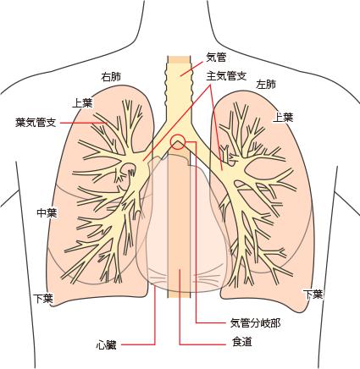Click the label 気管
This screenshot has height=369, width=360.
(x=216, y=58)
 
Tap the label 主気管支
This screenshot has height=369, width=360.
(x=227, y=76)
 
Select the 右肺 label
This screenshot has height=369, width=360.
(x=111, y=77)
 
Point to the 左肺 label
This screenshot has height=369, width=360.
(x=266, y=84)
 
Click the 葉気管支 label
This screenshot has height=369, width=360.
(x=36, y=123)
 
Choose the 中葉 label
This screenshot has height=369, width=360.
(x=47, y=212)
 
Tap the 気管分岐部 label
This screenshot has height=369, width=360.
(x=256, y=323)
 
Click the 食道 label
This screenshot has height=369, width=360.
(x=241, y=342)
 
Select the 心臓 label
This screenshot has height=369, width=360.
(x=106, y=344)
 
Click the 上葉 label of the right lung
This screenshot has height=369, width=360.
(x=83, y=102)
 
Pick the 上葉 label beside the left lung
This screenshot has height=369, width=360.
(x=283, y=117)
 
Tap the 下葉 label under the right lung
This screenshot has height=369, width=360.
(x=43, y=299)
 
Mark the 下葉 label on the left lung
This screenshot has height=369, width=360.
(x=313, y=295)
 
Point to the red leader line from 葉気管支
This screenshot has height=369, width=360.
(x=84, y=123)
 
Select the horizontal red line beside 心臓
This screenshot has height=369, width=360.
(x=139, y=344)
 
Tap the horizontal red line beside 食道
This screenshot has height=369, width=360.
(x=202, y=344)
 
